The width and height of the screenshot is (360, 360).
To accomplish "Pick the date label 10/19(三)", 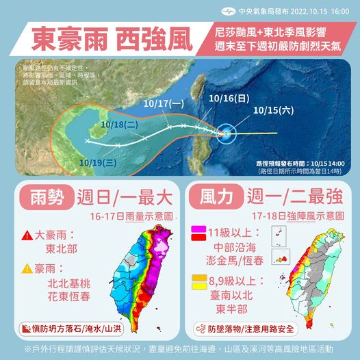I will (94, 162).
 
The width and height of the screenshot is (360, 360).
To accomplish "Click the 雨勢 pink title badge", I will (47, 198).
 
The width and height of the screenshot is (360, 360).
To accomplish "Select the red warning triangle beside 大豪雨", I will (28, 235).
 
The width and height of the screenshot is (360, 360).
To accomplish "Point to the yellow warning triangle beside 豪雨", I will (28, 268).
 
